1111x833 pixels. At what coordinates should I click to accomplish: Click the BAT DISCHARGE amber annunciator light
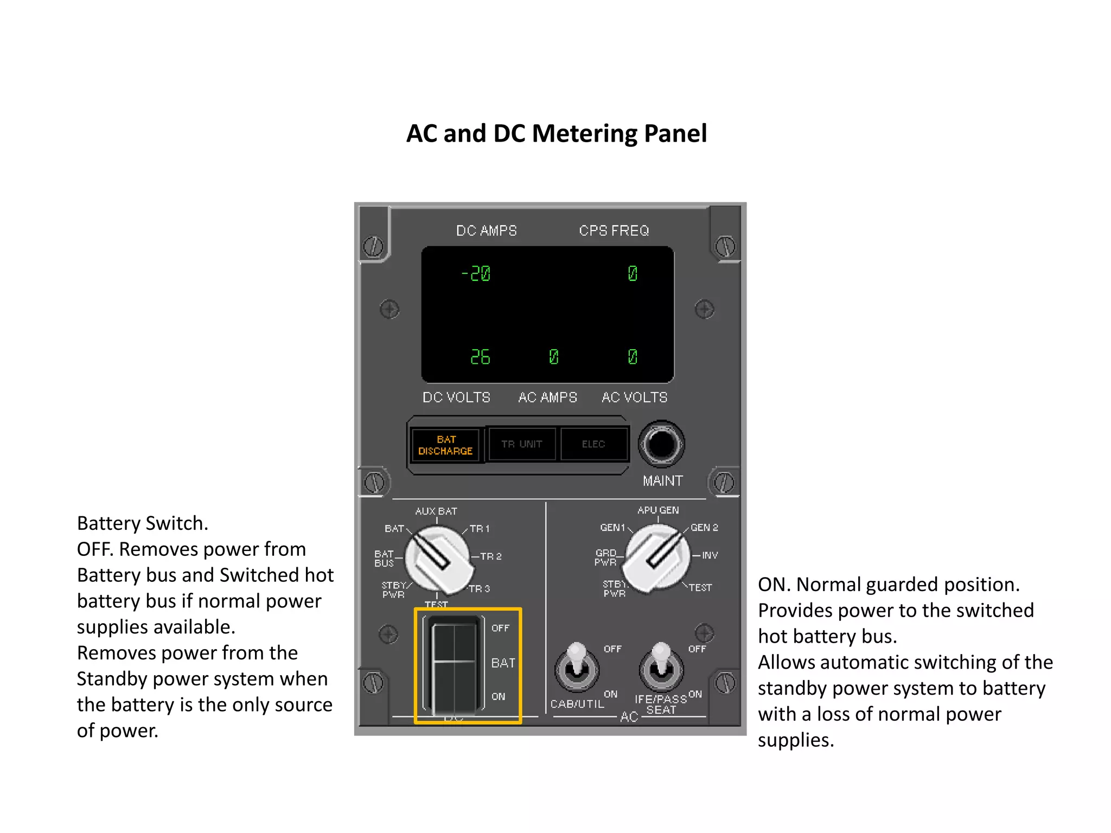(445, 445)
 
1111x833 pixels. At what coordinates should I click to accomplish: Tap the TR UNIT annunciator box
(522, 444)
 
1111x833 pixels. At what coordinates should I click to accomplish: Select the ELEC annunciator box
(593, 444)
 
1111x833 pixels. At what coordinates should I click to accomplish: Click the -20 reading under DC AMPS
(476, 273)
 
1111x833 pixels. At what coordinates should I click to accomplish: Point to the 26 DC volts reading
(480, 357)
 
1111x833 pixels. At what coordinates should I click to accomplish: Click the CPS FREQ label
(614, 231)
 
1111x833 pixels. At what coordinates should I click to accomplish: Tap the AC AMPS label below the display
(547, 398)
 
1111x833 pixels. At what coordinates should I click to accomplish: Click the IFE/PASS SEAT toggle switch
(661, 666)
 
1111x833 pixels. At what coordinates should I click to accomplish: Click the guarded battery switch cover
(454, 665)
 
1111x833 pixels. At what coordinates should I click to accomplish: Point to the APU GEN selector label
(658, 510)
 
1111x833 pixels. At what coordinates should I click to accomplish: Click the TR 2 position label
(490, 556)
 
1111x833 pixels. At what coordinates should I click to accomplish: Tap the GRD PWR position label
(605, 558)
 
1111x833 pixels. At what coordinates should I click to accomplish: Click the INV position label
(710, 555)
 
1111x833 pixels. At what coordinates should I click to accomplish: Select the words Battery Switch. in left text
(143, 523)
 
